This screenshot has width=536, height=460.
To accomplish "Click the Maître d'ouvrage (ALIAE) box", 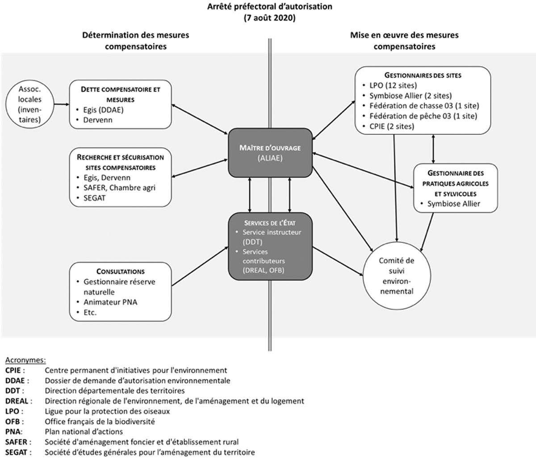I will point(270,152).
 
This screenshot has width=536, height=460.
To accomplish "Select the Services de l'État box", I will point(270,247).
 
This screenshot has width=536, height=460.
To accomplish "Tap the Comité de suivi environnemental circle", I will point(396,276).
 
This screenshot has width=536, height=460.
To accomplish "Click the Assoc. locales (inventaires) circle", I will point(30,104).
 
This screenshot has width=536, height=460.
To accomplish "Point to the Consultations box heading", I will point(121,271).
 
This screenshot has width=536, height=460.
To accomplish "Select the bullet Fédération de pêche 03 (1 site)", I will point(423,116).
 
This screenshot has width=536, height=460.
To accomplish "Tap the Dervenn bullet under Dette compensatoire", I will point(98,120).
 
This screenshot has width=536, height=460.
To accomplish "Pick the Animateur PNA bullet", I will point(110,302).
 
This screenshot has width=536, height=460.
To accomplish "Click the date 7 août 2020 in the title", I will point(269,18).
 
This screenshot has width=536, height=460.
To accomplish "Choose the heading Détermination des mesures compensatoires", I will point(136,40).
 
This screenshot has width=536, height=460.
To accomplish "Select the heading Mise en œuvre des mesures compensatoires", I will point(404,40).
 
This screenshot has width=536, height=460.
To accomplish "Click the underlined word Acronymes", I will point(25,360).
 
